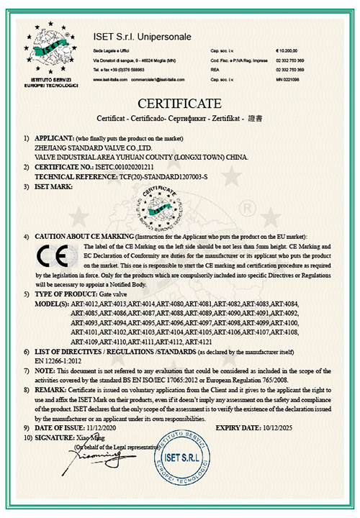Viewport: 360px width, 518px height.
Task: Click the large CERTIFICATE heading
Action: [x=180, y=100]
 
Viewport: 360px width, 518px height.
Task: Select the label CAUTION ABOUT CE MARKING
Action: [x=81, y=237]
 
